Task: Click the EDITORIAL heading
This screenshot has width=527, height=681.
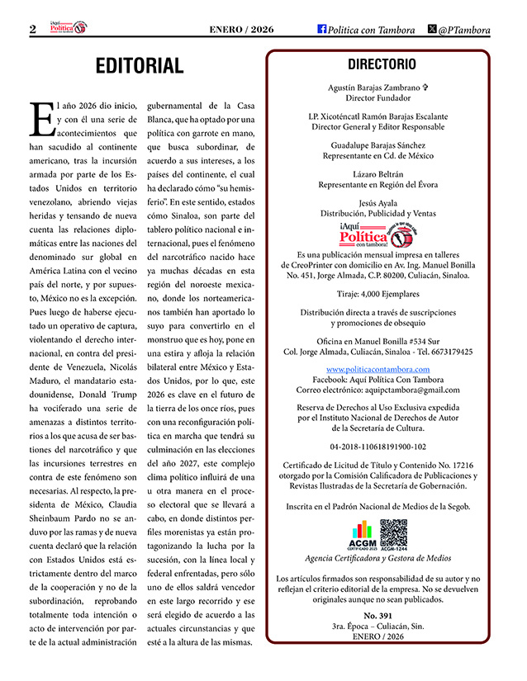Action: [139, 66]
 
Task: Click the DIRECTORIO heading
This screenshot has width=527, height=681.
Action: [382, 64]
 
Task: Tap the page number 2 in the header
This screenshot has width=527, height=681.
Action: [32, 29]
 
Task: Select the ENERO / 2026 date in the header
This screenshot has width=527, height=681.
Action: [241, 30]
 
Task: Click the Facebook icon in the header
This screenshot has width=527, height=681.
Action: [321, 29]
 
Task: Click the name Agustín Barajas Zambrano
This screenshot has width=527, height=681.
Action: [376, 87]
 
